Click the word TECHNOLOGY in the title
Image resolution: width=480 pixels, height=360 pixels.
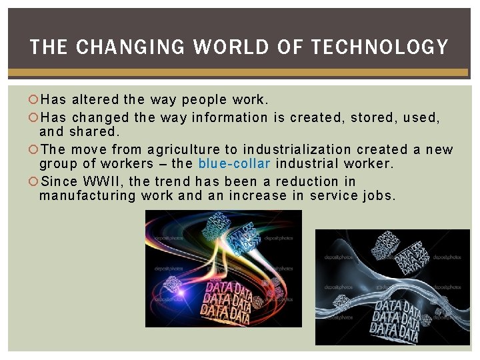tap(379, 47)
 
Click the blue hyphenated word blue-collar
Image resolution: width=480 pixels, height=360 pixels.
tap(234, 164)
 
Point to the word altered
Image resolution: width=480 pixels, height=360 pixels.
tap(96, 101)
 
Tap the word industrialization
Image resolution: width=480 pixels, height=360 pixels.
tap(297, 149)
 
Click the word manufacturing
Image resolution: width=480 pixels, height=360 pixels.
tap(88, 196)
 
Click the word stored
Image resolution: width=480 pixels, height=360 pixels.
tap(369, 118)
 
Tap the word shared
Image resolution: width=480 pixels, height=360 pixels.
tap(93, 132)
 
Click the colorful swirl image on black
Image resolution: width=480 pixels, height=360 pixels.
tap(223, 268)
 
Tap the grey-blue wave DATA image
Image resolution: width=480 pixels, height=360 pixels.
tap(392, 287)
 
